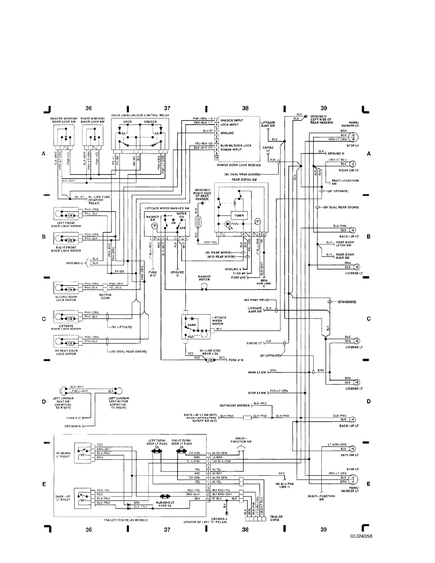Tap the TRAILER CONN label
[275, 518]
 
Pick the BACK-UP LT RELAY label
[63, 498]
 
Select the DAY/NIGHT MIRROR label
[235, 406]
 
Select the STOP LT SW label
[258, 392]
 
